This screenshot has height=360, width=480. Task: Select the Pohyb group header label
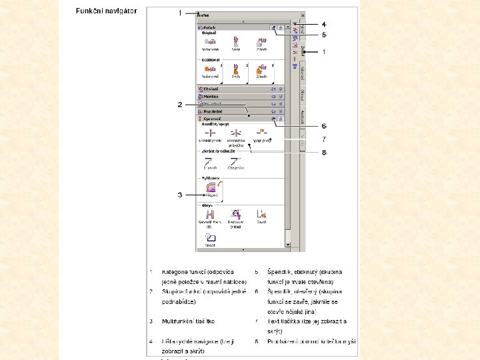[208, 28]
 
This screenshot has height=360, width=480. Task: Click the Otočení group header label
[211, 89]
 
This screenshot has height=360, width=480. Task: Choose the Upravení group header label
[212, 119]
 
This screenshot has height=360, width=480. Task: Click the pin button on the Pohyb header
[273, 28]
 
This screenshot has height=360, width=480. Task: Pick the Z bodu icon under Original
[261, 44]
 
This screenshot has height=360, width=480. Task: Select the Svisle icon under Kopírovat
[235, 70]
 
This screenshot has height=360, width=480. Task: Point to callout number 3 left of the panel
[179, 195]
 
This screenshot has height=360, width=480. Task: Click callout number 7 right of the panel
[324, 139]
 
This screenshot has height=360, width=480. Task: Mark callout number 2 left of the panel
[179, 104]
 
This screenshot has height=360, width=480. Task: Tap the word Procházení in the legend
[283, 341]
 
